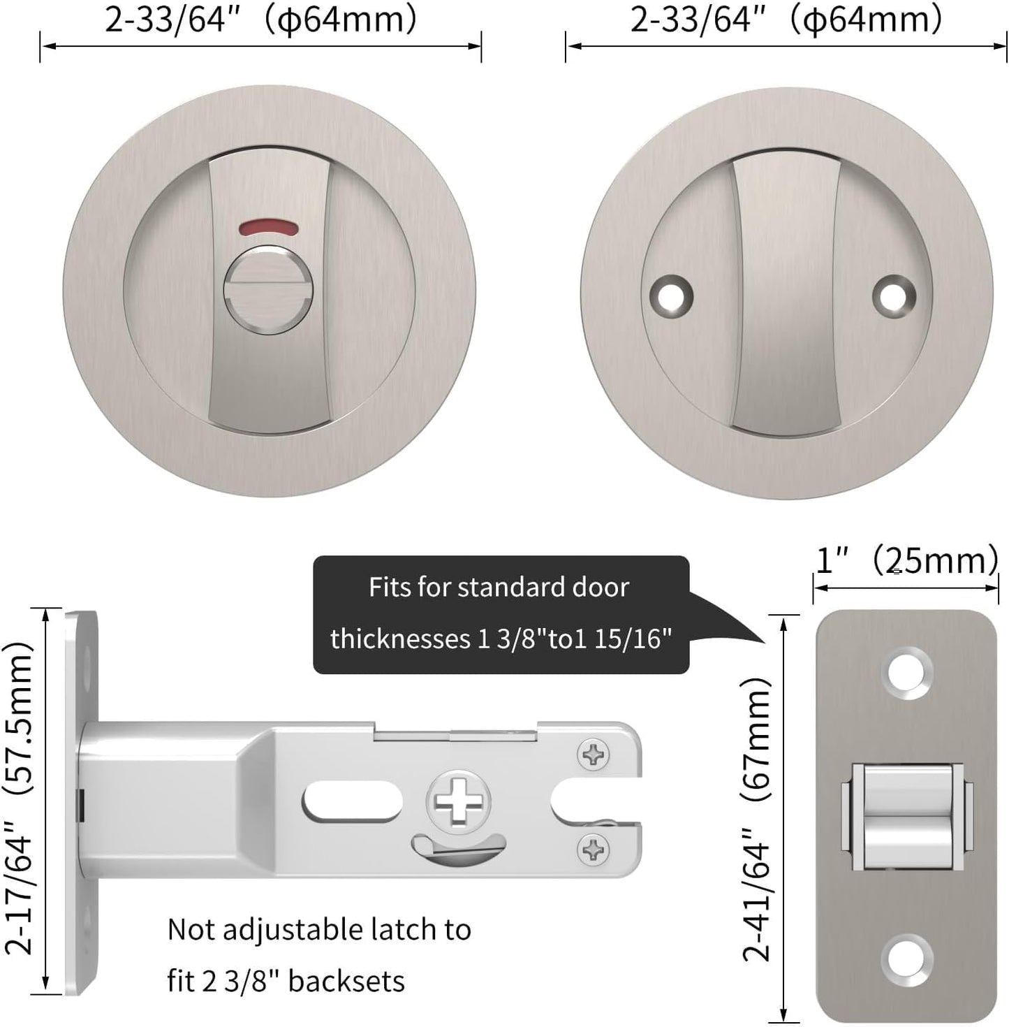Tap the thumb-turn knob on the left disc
point(269,288)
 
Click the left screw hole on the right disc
point(671,295)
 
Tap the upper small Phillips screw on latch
point(594,755)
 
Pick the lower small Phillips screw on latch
point(594,850)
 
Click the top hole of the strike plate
point(906,673)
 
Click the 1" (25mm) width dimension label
point(906,560)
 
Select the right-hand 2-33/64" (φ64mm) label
point(786,19)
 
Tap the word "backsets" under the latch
point(346,981)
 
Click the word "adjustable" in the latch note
point(304,930)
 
